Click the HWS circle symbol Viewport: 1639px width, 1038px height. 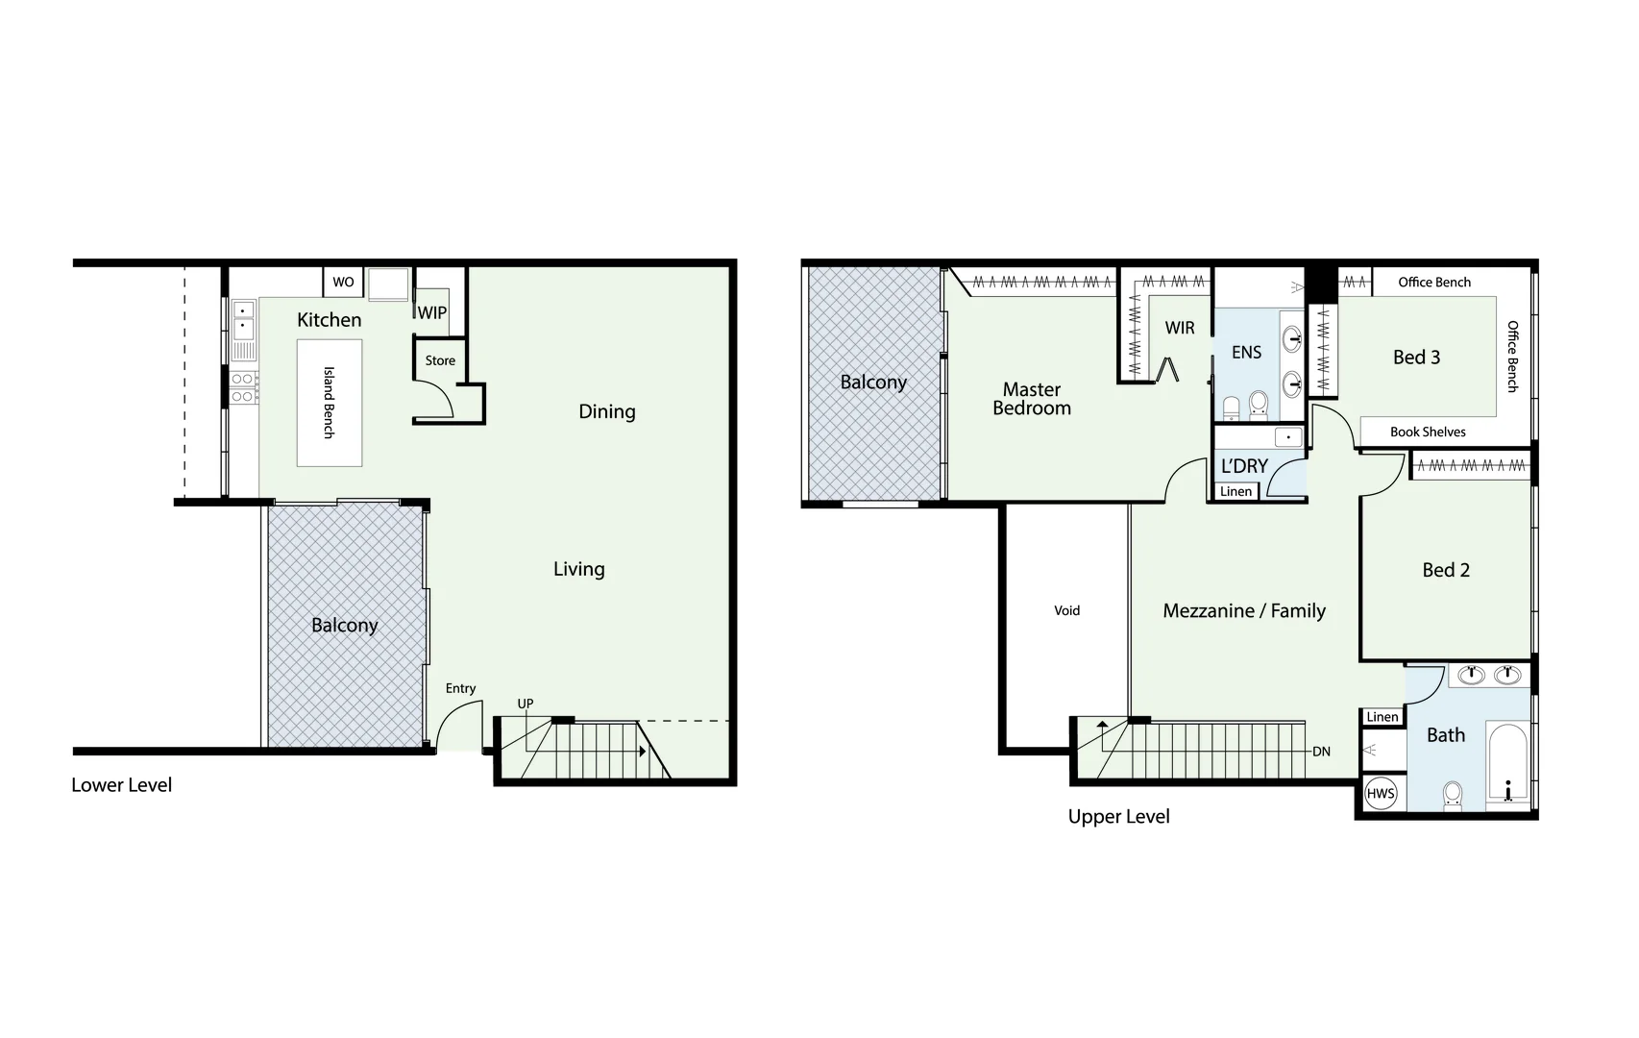[x=1381, y=794]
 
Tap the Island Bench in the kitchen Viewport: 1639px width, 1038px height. [x=329, y=403]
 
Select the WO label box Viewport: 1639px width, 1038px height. [x=343, y=283]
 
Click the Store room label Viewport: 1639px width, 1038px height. [x=440, y=360]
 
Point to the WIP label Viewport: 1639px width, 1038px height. [x=432, y=312]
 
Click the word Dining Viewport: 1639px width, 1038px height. [x=606, y=411]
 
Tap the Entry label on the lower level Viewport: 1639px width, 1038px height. [x=460, y=688]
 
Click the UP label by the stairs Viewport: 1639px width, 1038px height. [x=526, y=704]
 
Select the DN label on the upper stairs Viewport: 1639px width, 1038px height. [x=1322, y=752]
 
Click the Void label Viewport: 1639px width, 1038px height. [x=1066, y=610]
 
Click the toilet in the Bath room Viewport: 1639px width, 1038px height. [x=1452, y=795]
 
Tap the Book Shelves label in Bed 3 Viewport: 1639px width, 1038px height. [x=1428, y=432]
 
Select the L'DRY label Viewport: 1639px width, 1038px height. [x=1244, y=466]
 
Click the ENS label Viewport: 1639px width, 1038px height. [x=1246, y=353]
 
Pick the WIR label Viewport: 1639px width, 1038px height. [x=1180, y=328]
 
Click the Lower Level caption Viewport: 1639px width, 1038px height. [x=122, y=785]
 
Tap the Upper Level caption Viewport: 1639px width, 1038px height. [x=1118, y=817]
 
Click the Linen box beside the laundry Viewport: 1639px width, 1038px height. [x=1235, y=491]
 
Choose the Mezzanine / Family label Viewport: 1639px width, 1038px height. [x=1244, y=611]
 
